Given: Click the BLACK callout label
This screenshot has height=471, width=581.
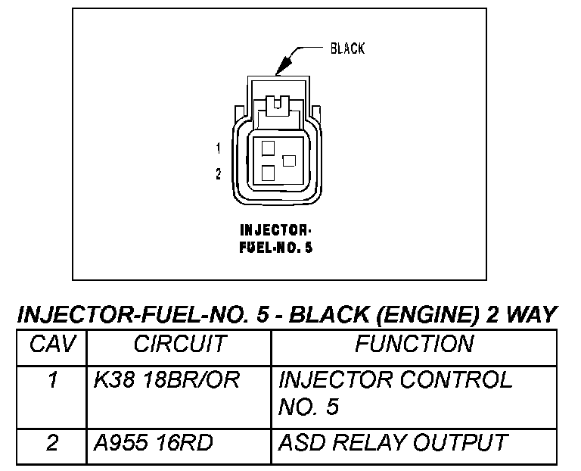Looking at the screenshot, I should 347,49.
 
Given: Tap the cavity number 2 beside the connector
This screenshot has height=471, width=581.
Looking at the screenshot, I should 219,174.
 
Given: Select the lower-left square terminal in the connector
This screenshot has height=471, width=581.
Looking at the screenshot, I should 267,173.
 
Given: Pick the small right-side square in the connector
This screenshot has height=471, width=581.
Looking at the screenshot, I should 288,161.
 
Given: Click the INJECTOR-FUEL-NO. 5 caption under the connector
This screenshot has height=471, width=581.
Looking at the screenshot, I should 275,238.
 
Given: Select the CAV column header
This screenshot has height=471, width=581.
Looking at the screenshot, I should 52,345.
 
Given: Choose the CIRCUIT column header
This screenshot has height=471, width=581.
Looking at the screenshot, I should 179,345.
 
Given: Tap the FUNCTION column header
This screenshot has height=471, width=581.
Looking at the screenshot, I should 414,345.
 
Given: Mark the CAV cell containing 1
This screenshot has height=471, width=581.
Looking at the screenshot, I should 52,381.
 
